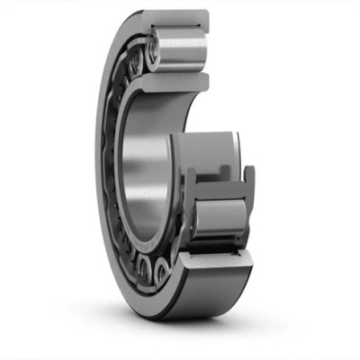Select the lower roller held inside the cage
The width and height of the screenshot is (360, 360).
point(220,220)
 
